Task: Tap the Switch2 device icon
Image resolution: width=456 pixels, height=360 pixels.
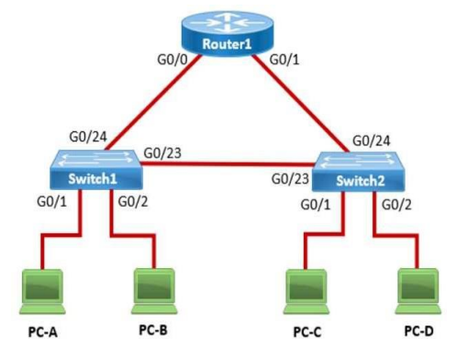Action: tap(360, 174)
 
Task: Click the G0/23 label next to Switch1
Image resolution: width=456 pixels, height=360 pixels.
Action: tap(163, 152)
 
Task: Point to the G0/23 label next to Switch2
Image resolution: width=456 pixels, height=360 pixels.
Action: tap(290, 178)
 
